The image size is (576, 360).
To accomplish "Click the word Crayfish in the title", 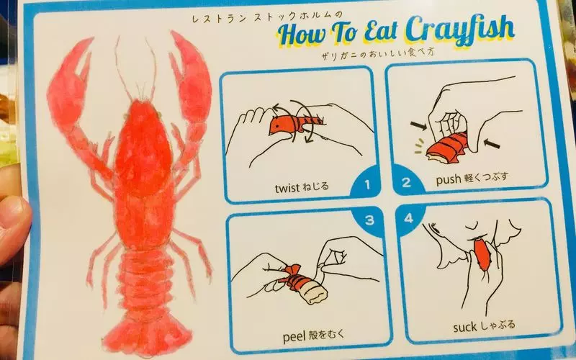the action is (460, 30).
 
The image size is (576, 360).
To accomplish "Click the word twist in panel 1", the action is (287, 188).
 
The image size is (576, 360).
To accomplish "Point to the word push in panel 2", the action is (448, 180).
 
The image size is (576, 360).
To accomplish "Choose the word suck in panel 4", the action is (464, 327).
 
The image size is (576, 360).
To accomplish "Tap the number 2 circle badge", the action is (407, 181).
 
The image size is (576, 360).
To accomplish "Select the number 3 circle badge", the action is (369, 220).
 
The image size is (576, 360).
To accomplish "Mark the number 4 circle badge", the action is (410, 218).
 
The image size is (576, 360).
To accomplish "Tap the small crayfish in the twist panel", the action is (296, 124).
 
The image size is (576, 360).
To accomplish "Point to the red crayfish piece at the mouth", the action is (482, 254).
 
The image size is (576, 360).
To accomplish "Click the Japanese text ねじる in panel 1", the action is (315, 187).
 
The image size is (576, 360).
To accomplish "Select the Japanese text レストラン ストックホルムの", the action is (267, 17).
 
